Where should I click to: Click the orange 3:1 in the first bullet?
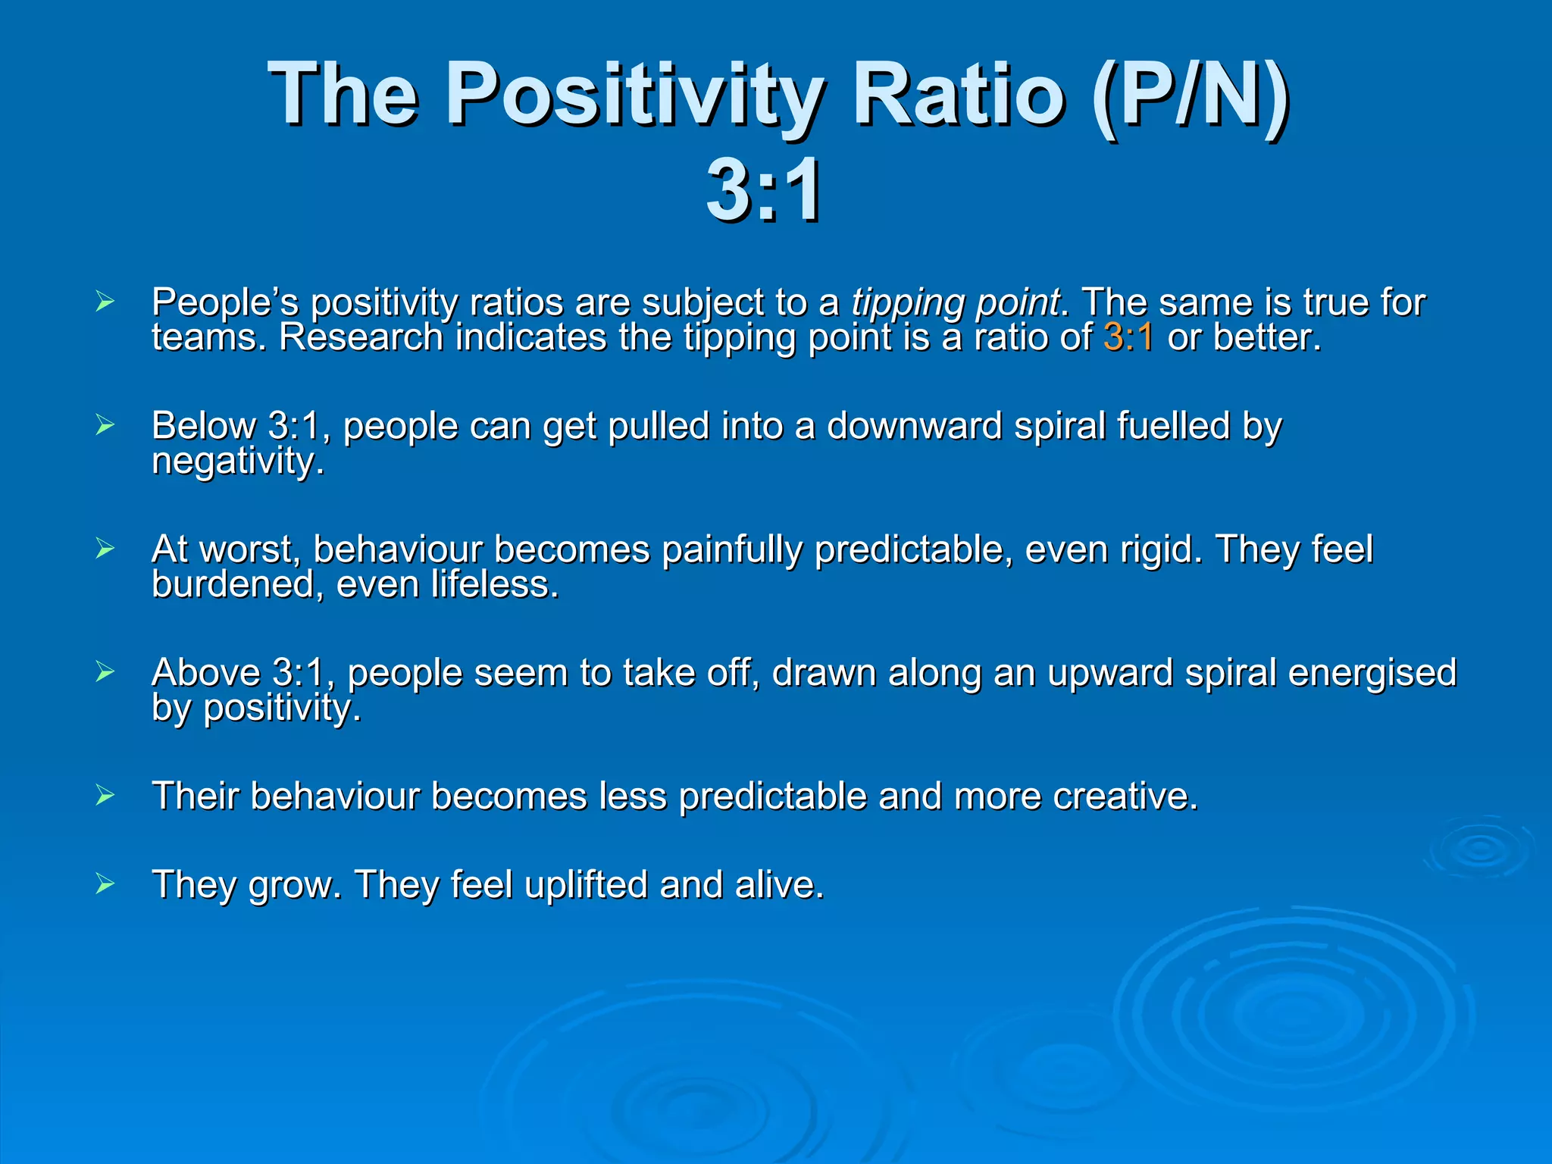pos(1128,337)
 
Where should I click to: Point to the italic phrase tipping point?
pos(956,302)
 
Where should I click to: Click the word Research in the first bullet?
pos(361,337)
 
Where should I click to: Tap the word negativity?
pos(237,461)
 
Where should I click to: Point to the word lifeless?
pos(494,584)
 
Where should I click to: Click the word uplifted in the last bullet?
pos(586,884)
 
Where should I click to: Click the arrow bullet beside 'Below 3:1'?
pos(105,425)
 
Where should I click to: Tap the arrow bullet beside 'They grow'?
pos(105,884)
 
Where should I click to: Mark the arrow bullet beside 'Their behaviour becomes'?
pos(105,796)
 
